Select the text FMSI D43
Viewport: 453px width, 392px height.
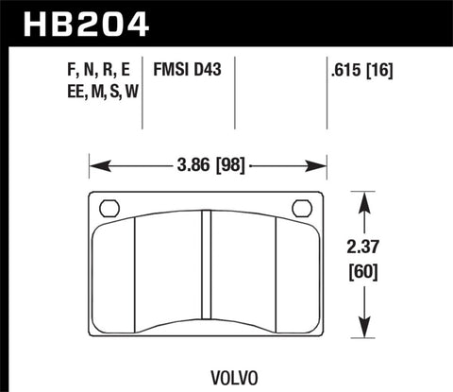pyautogui.click(x=186, y=69)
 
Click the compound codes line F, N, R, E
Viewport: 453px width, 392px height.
pyautogui.click(x=99, y=69)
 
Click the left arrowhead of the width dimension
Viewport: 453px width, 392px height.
pyautogui.click(x=93, y=165)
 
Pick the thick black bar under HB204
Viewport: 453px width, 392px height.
pyautogui.click(x=226, y=43)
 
